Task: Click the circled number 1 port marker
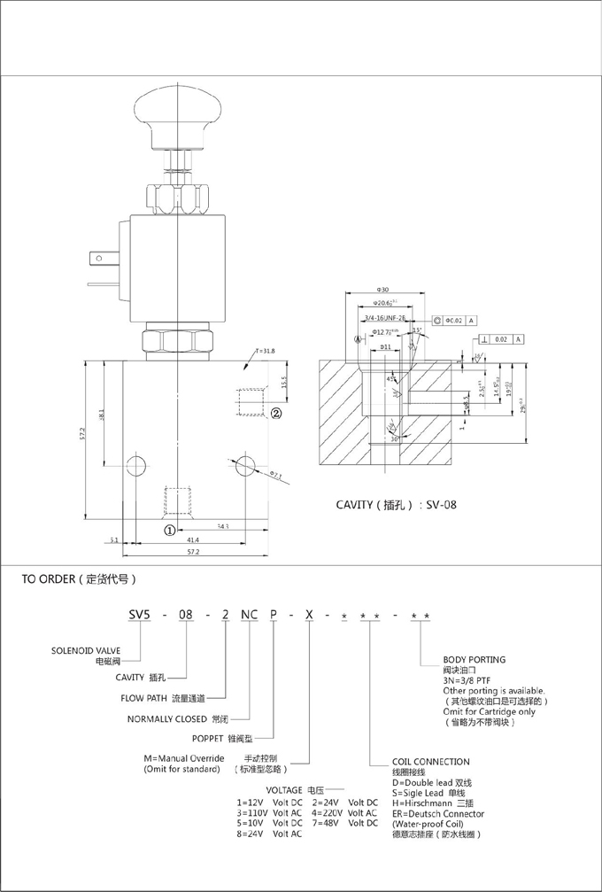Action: tap(167, 530)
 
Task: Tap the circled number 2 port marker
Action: tap(275, 413)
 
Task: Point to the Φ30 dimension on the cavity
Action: tap(383, 290)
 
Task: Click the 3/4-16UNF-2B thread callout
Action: tap(385, 318)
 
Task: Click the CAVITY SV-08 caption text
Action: tap(395, 506)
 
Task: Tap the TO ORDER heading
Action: tap(79, 580)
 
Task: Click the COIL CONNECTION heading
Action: tap(431, 761)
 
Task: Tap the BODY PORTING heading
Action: tap(474, 659)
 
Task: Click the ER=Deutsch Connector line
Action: tap(437, 813)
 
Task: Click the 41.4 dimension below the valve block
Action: tap(193, 539)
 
